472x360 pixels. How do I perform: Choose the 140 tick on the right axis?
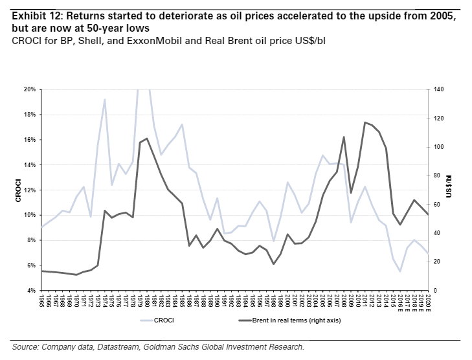pos(440,89)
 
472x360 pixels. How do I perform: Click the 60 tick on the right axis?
pos(438,205)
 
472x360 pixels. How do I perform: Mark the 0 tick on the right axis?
pos(436,291)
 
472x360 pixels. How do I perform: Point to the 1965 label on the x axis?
pos(42,301)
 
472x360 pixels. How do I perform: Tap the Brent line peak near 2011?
pos(365,122)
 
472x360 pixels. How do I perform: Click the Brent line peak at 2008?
pos(344,137)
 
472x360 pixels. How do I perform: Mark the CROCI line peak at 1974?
pos(105,99)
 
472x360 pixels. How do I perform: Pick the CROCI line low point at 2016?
pos(400,271)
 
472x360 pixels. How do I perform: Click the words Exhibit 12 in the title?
pos(33,16)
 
